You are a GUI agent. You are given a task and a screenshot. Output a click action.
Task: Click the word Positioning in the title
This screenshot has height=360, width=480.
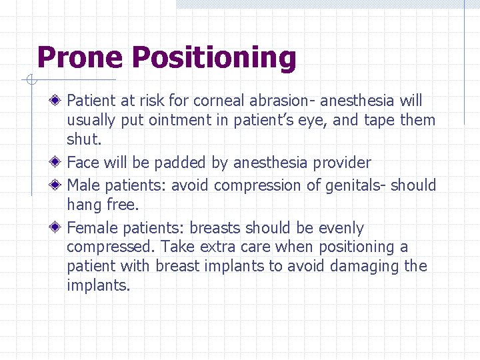(x=214, y=58)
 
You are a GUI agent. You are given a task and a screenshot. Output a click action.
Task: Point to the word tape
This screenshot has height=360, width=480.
(x=379, y=121)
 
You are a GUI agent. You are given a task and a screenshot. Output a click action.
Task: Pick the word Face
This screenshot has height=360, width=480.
(x=83, y=163)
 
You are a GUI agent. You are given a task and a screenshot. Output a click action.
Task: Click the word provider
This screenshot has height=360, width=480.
(x=341, y=163)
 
